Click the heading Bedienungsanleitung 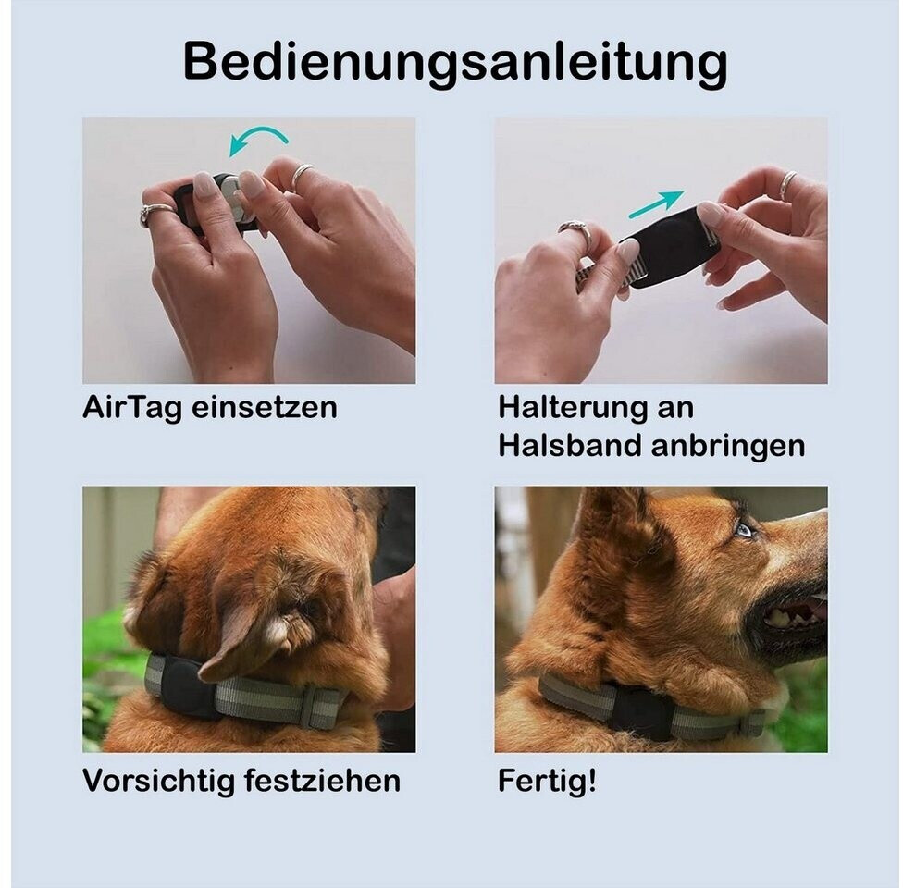coord(455,63)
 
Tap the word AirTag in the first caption coord(132,408)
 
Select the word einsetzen coord(265,408)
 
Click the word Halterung coord(571,407)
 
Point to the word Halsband coord(570,445)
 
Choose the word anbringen coord(728,446)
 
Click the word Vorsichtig coord(158,781)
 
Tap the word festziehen coord(322,781)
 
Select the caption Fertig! coord(547,782)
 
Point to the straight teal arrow coord(656,204)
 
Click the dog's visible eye coord(744,529)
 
